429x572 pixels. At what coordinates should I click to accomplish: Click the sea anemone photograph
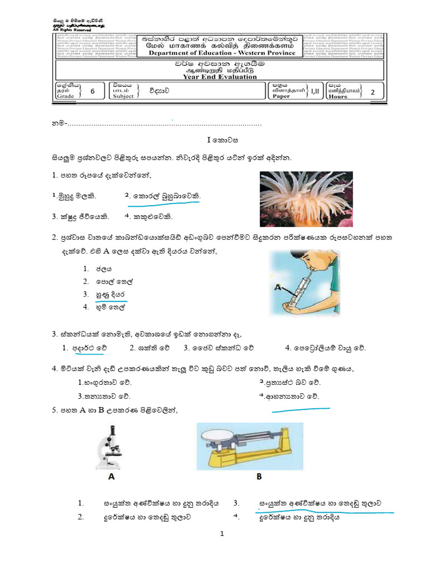coord(306,198)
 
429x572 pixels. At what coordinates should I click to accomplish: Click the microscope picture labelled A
coord(110,446)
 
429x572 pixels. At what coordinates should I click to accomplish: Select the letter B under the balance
coord(259,478)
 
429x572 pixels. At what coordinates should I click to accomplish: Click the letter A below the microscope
coord(111,478)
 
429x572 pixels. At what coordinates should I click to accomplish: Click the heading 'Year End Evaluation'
coord(221,77)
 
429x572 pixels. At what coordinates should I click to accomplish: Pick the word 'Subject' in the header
coord(123,96)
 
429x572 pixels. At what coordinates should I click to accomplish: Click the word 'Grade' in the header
coord(65,96)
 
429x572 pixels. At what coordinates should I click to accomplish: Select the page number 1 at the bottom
coord(222,534)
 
